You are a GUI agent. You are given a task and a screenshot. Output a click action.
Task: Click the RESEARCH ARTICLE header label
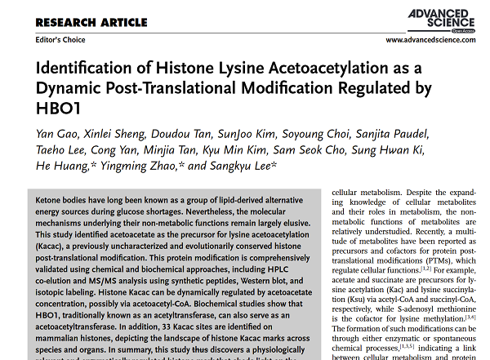pos(91,21)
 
